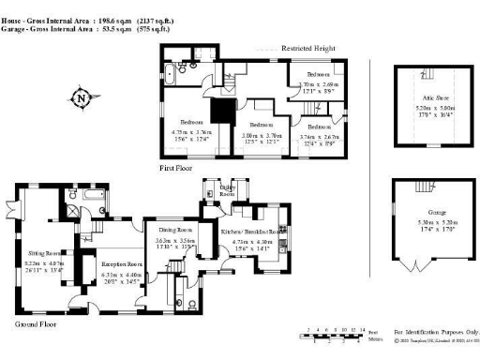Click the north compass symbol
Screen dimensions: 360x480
[82, 97]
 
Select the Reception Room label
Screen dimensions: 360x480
[120, 264]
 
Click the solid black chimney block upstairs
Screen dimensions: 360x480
[221, 111]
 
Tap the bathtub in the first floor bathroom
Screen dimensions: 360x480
[175, 70]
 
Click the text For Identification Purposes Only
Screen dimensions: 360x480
[437, 331]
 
